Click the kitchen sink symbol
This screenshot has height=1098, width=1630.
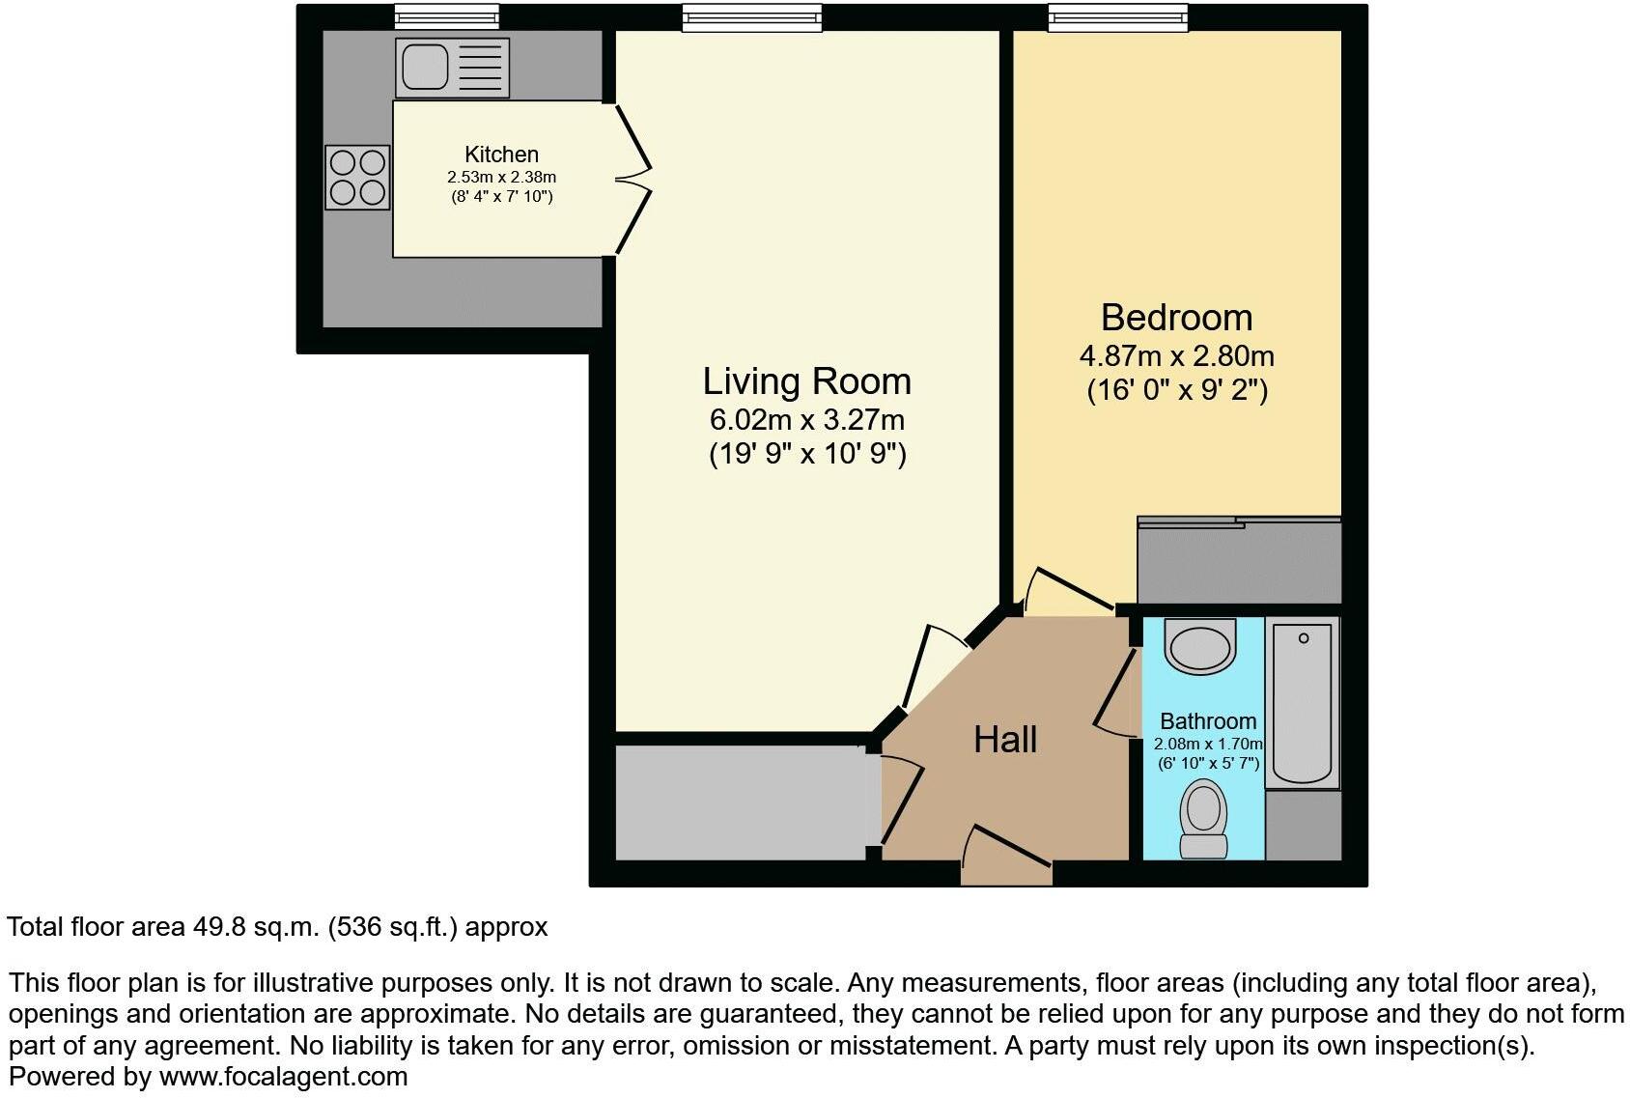pyautogui.click(x=452, y=69)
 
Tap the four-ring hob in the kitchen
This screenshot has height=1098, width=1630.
pyautogui.click(x=358, y=178)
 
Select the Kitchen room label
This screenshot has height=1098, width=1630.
pyautogui.click(x=501, y=155)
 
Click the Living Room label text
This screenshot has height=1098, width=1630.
pyautogui.click(x=806, y=381)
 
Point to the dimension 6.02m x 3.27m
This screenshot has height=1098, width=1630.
pyautogui.click(x=807, y=420)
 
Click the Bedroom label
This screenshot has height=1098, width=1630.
pyautogui.click(x=1176, y=318)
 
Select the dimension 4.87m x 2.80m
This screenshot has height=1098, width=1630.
pyautogui.click(x=1176, y=356)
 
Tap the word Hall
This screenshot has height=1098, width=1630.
pyautogui.click(x=1005, y=740)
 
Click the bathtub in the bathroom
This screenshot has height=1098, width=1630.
pyautogui.click(x=1303, y=703)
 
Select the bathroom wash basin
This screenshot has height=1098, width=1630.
pyautogui.click(x=1200, y=646)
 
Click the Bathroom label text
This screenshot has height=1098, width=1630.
pyautogui.click(x=1208, y=721)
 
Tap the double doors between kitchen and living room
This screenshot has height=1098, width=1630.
pyautogui.click(x=632, y=179)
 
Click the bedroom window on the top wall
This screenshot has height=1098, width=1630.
pyautogui.click(x=1118, y=16)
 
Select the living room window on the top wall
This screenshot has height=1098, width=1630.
pyautogui.click(x=752, y=16)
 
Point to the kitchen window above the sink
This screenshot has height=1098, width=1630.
pyautogui.click(x=446, y=16)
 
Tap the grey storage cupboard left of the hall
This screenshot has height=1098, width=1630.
pyautogui.click(x=742, y=802)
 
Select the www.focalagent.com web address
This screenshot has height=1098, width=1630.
pyautogui.click(x=283, y=1076)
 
